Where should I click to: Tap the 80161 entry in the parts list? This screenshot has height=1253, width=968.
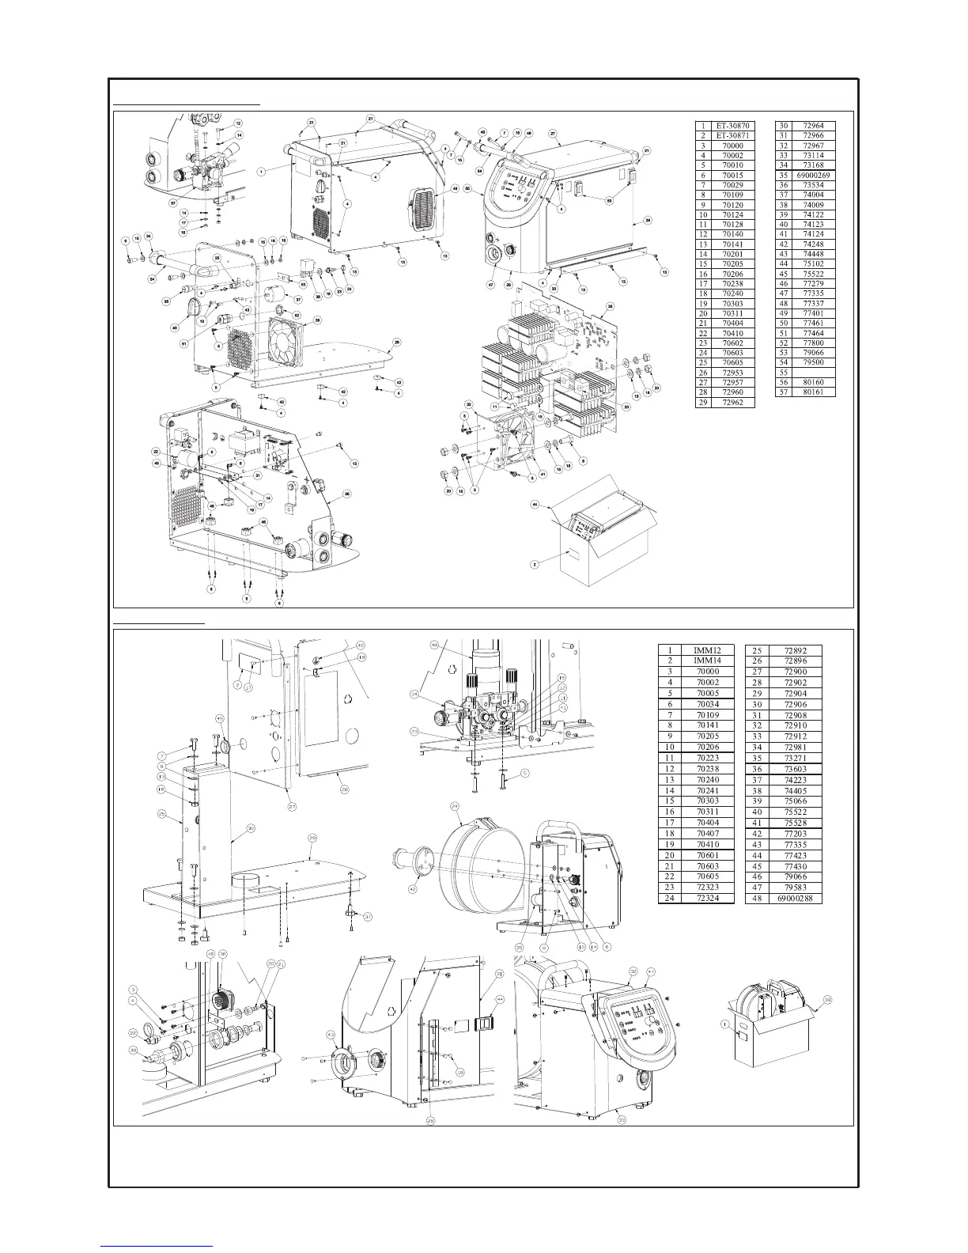point(812,392)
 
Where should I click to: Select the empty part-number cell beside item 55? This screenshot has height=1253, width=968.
point(812,372)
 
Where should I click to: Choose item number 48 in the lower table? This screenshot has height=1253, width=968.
point(757,899)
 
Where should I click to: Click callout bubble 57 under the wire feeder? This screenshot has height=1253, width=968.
point(173,203)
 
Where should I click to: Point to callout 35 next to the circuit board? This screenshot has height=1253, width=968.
point(610,305)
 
